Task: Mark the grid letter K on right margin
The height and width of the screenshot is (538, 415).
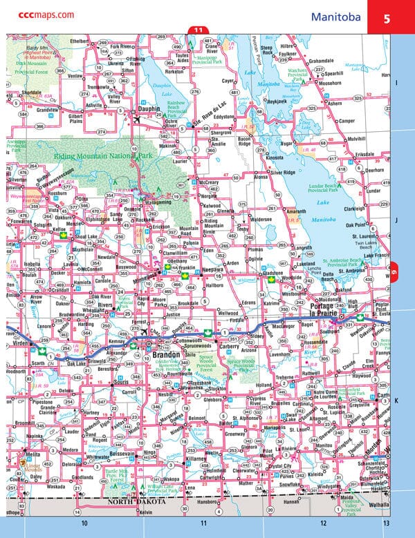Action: (x=396, y=400)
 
